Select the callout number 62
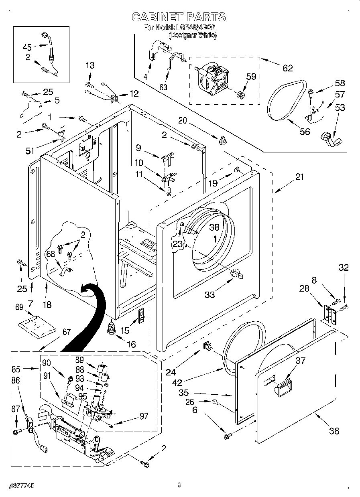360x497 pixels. click(288, 68)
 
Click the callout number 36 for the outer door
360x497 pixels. click(334, 431)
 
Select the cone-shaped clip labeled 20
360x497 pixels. click(223, 141)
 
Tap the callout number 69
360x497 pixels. click(19, 307)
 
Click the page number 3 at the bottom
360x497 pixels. click(179, 485)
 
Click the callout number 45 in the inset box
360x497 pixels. click(27, 47)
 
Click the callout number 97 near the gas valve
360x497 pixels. click(144, 416)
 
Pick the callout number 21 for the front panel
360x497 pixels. click(300, 176)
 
